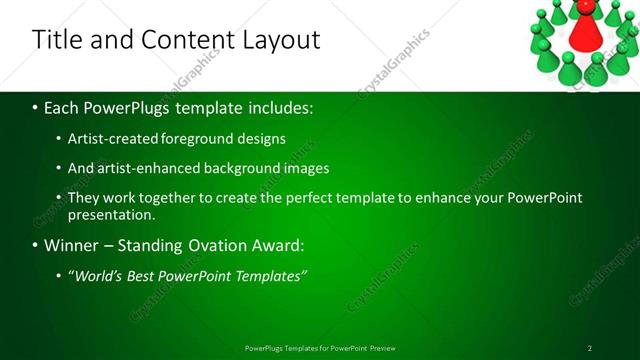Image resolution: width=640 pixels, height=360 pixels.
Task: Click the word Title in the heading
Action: click(x=58, y=40)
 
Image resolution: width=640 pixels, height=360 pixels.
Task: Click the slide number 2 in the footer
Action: click(x=590, y=348)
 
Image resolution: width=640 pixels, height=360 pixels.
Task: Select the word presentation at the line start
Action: click(x=110, y=214)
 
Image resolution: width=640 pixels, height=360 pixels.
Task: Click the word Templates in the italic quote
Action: click(x=269, y=275)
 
